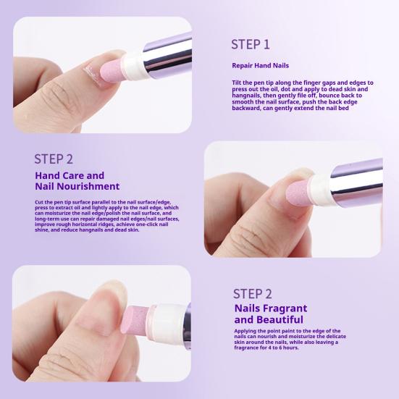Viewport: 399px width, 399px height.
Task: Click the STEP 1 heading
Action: [250, 44]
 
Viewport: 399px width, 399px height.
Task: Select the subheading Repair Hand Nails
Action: [260, 66]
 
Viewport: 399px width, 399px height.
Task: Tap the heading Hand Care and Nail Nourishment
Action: [77, 181]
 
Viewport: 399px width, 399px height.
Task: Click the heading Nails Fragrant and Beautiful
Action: [271, 314]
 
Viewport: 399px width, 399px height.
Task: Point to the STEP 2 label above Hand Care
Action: [54, 159]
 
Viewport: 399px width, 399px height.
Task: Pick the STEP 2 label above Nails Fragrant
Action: [253, 294]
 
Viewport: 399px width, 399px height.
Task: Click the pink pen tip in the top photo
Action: [112, 72]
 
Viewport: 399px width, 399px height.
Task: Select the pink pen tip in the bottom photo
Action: [135, 320]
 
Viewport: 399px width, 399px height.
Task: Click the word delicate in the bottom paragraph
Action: [335, 337]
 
